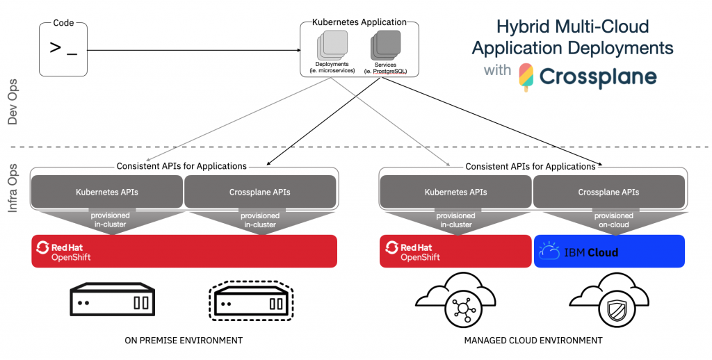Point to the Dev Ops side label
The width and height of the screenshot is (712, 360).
tap(13, 102)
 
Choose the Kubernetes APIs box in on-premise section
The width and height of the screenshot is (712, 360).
tap(106, 192)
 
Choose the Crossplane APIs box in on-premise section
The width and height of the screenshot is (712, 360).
tap(260, 192)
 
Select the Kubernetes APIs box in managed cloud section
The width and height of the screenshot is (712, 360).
tap(455, 192)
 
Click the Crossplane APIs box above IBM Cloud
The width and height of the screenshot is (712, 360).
tap(608, 192)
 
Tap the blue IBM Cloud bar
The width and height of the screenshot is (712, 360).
tap(609, 251)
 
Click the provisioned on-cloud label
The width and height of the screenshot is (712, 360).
tap(609, 220)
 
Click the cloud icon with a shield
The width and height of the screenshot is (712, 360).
tap(608, 300)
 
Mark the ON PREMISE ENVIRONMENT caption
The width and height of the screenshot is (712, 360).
tap(184, 341)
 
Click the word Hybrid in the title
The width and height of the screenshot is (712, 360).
tap(522, 27)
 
